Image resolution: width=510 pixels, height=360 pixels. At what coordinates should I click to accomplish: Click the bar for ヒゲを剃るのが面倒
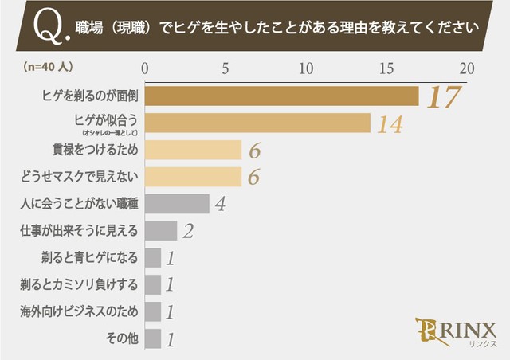tap(281, 96)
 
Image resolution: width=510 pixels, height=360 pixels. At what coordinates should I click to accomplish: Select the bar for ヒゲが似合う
tap(257, 123)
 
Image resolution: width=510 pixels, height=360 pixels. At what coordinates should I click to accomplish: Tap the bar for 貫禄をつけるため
tap(192, 150)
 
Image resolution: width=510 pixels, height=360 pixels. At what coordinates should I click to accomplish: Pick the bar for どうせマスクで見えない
tap(192, 177)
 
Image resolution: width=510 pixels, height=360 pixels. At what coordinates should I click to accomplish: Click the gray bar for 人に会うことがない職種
tap(176, 204)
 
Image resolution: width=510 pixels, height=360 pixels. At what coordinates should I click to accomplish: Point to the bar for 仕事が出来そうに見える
tap(160, 231)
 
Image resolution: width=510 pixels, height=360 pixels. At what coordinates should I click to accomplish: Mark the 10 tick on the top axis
tap(306, 68)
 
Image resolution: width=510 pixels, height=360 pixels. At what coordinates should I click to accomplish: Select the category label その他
tap(122, 338)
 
